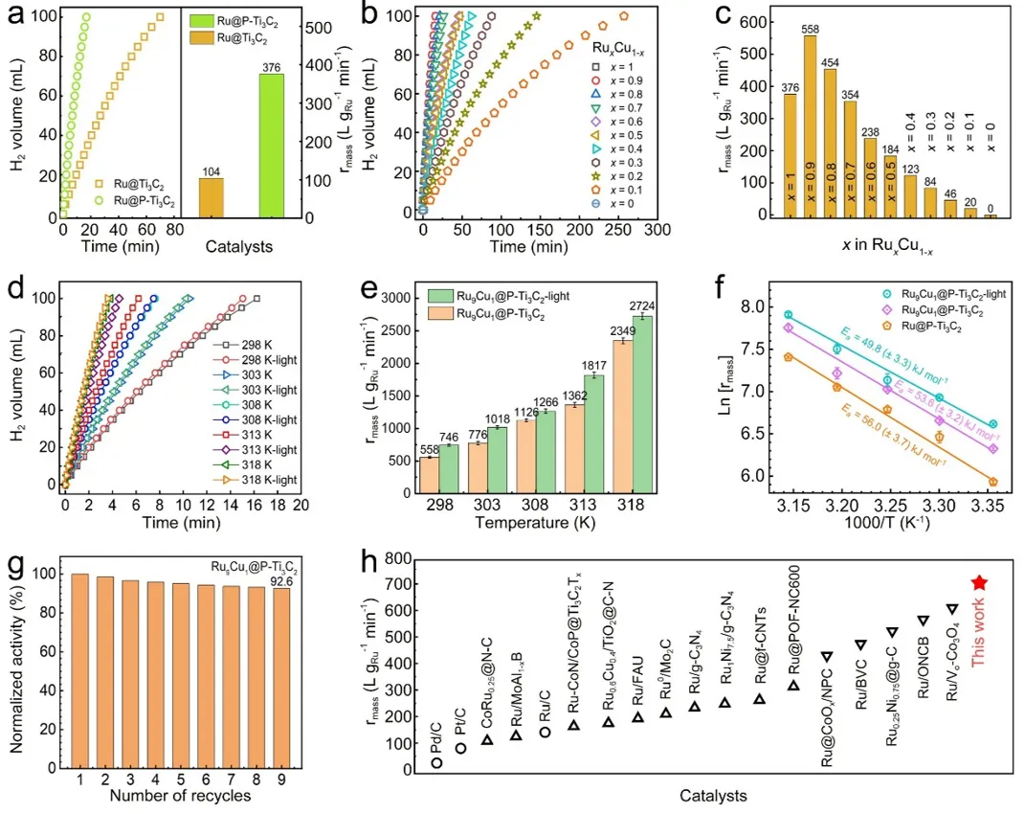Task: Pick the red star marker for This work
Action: point(979,582)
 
